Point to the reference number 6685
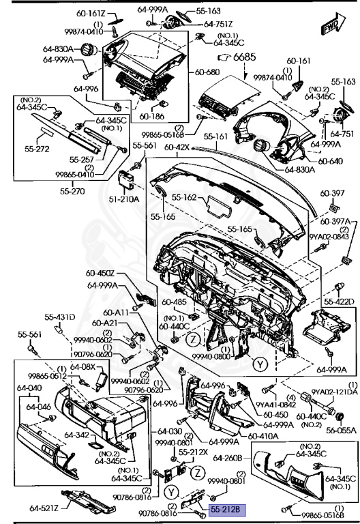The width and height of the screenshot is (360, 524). coord(236,58)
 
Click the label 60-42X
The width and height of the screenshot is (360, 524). coord(176,147)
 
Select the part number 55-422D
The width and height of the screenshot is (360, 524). coord(339,301)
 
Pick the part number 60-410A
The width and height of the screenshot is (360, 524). coord(262,436)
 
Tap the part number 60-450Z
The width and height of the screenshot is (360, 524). coord(101,274)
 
